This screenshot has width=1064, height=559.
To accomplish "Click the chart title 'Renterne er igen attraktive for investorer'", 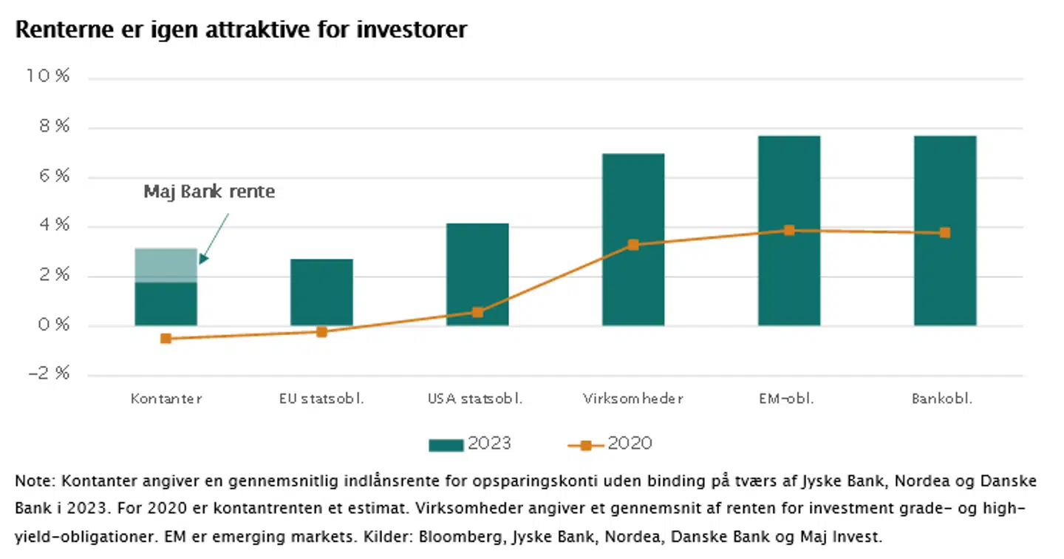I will [x=241, y=30].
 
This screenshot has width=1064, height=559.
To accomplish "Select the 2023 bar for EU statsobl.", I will [x=321, y=292].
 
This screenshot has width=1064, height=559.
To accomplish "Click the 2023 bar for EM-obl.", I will [x=789, y=230].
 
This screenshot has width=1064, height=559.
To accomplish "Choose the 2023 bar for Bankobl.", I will [x=945, y=230].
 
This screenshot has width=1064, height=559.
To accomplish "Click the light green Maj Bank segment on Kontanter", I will [x=166, y=265].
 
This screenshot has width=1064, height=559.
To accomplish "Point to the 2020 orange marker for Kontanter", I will [x=166, y=339].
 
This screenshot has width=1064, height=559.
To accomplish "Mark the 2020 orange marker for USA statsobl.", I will [x=477, y=312].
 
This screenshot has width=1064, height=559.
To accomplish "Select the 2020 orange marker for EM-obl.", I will [x=789, y=231].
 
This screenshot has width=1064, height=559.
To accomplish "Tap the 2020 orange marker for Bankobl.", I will [x=945, y=233].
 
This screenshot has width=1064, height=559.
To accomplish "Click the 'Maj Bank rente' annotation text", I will [x=209, y=192].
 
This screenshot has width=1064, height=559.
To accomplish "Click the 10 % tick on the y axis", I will [x=48, y=77].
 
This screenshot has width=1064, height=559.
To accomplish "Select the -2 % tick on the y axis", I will [x=48, y=374].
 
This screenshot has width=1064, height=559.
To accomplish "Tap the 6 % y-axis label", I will [x=52, y=176].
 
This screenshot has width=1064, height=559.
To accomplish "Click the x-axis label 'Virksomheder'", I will [x=632, y=399].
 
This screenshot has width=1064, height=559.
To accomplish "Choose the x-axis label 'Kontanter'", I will [x=166, y=399].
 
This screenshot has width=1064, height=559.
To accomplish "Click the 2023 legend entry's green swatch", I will [x=446, y=444].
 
